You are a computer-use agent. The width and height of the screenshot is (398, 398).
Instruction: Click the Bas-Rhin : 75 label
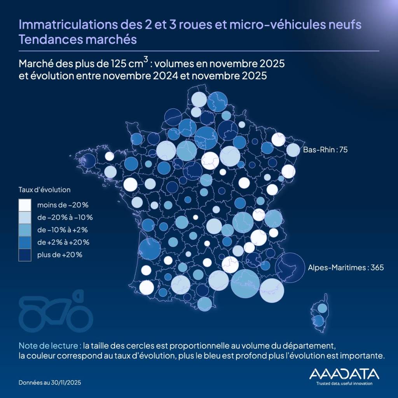click(x=325, y=149)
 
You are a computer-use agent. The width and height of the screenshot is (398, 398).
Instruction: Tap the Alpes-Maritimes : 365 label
click(x=340, y=267)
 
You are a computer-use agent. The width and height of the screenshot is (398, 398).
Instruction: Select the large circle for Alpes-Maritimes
click(x=290, y=267)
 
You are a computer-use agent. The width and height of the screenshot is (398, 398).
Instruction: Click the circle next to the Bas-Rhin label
click(x=293, y=150)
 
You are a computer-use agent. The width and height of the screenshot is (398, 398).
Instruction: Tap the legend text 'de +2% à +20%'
click(x=63, y=242)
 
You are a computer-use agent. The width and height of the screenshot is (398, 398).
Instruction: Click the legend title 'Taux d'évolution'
click(x=44, y=190)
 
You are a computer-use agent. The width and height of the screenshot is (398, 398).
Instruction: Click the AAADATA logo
click(x=344, y=374)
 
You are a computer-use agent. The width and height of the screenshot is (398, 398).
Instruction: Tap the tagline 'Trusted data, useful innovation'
click(x=344, y=384)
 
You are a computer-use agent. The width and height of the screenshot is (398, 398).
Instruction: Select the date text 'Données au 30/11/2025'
click(x=50, y=383)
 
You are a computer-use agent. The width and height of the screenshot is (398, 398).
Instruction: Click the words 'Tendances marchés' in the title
click(x=78, y=40)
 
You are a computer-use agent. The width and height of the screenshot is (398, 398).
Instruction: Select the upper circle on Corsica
click(x=322, y=308)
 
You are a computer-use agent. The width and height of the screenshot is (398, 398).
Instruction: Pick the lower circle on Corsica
click(x=319, y=321)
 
